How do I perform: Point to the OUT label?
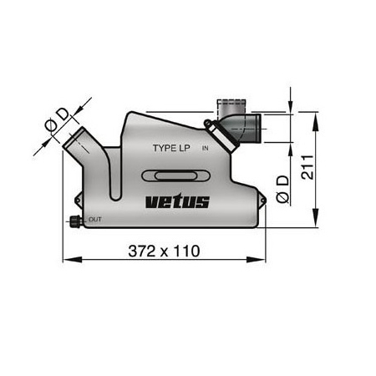coord(95,219)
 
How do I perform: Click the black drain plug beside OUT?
coord(74,221)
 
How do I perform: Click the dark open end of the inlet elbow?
coord(262,128)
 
